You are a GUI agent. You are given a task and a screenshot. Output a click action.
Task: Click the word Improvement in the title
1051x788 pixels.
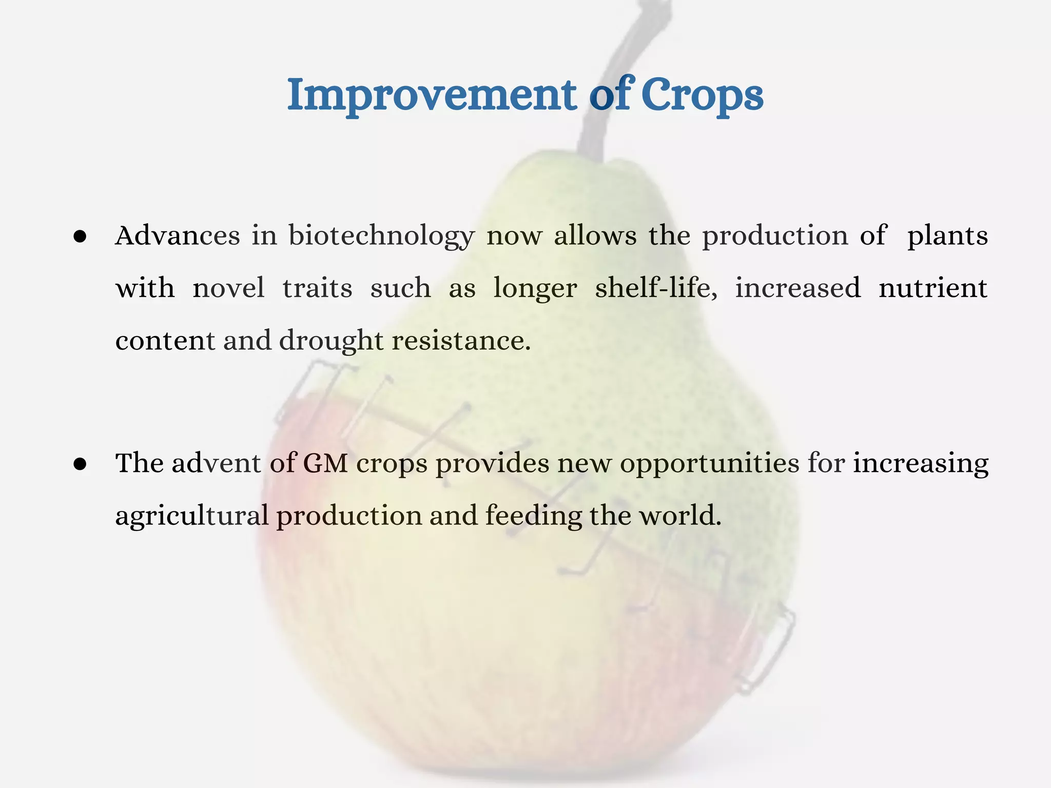[431, 95]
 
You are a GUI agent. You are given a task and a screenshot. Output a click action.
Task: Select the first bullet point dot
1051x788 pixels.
[80, 237]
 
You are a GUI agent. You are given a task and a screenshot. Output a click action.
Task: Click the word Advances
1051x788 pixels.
[178, 236]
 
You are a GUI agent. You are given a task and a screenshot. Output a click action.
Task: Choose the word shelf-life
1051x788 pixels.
[656, 287]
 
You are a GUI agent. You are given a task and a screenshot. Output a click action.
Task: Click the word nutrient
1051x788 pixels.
[932, 288]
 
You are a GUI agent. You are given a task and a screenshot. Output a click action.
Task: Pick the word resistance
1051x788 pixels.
[461, 340]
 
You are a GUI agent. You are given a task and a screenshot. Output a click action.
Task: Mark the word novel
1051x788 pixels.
[228, 287]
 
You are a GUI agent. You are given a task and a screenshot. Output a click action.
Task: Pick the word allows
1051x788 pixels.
[595, 236]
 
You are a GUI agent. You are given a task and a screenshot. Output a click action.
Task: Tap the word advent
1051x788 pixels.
[216, 463]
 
